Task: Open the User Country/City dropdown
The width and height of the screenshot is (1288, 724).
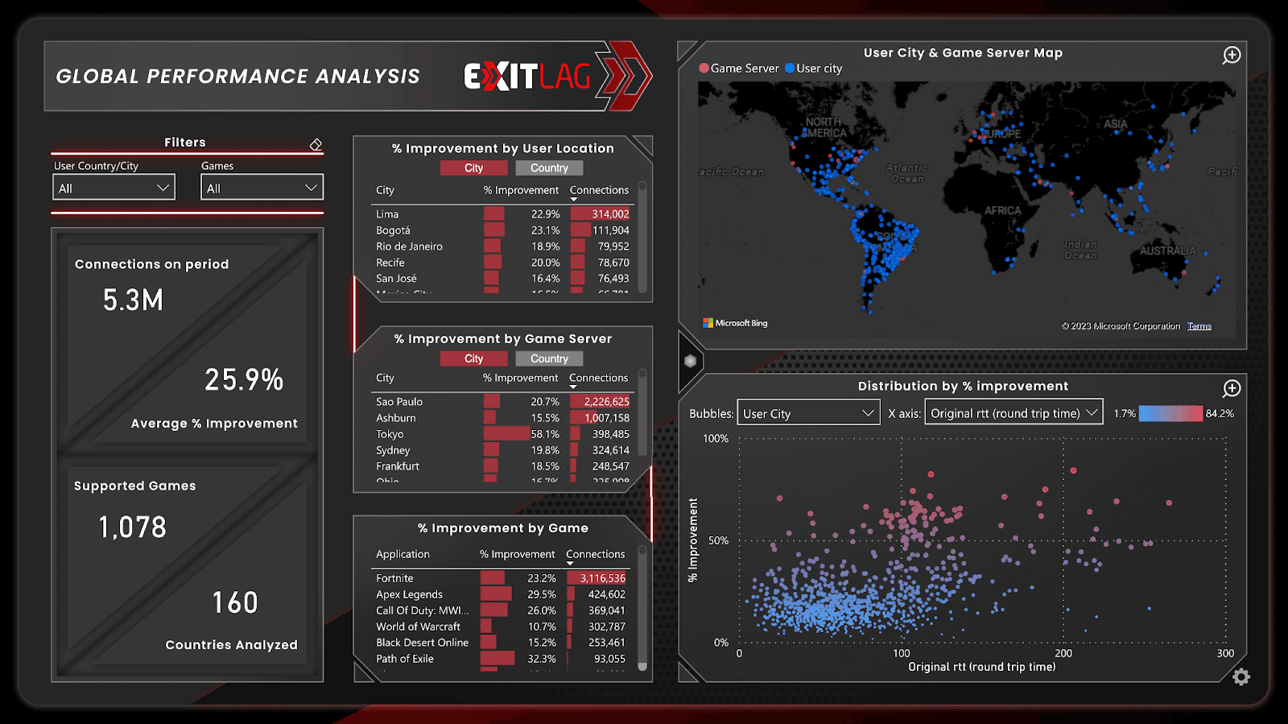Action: [114, 188]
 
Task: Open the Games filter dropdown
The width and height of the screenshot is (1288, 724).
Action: [262, 188]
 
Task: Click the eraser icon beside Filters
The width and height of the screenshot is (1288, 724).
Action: [316, 144]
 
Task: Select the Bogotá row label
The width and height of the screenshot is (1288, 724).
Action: [393, 230]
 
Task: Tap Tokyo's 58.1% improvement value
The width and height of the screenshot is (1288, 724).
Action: [545, 434]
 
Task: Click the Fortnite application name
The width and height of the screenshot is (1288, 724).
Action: [394, 578]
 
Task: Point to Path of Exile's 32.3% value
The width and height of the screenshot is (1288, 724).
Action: [542, 659]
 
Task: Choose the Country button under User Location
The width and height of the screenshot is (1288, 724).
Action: [549, 168]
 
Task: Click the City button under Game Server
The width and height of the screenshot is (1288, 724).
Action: [473, 359]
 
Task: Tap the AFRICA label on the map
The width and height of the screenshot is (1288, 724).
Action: [1002, 211]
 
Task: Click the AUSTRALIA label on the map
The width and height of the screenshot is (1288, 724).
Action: [1167, 251]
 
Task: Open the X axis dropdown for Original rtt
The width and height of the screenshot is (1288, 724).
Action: [1013, 413]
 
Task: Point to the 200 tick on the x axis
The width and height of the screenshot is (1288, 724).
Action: [1063, 653]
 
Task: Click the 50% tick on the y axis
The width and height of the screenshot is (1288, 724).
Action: [718, 540]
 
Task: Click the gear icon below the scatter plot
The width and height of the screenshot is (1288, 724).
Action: [1241, 677]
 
